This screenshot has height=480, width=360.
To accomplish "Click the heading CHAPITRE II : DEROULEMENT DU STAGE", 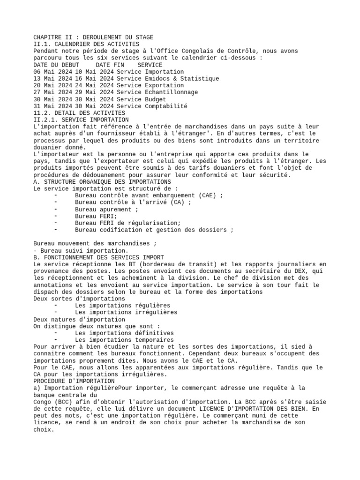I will (x=93, y=37).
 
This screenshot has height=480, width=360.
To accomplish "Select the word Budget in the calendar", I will (x=156, y=99).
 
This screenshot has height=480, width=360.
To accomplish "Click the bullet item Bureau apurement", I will (x=104, y=210).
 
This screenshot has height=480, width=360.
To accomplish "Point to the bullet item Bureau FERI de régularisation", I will (x=127, y=223).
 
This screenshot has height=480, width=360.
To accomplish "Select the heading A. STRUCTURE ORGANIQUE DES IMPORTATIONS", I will (x=102, y=181).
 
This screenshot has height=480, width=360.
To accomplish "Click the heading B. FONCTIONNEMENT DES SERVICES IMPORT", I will (x=99, y=257).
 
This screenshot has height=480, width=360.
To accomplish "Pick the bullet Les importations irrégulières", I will (x=123, y=312).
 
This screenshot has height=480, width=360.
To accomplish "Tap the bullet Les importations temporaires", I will (x=124, y=340).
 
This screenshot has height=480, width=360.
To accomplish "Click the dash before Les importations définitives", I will (x=56, y=333).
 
